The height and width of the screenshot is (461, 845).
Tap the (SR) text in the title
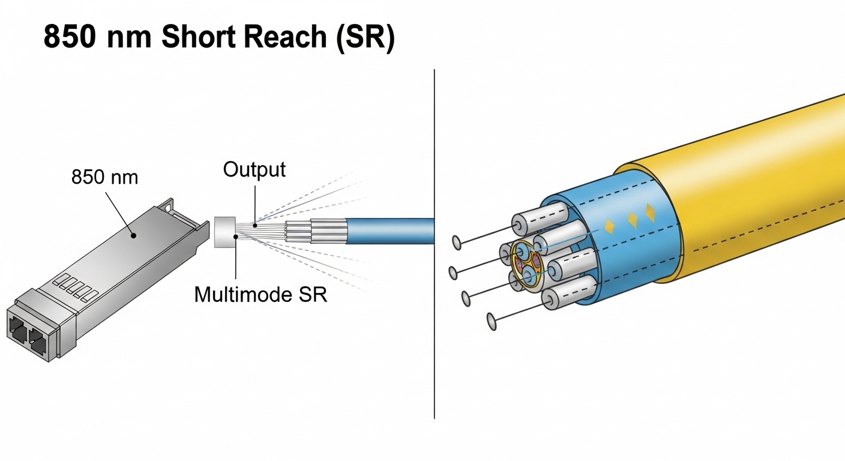367,38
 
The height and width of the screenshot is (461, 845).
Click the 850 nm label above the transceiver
104,177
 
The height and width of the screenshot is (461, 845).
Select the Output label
254,169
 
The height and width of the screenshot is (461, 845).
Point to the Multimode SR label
261,294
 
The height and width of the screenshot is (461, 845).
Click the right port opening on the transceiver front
38,342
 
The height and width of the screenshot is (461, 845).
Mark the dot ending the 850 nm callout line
134,235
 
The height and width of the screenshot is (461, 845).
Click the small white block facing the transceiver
224,232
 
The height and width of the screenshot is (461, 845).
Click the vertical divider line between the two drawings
434,240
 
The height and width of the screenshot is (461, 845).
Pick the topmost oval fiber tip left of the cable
457,243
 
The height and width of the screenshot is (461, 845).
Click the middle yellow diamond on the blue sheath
631,220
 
